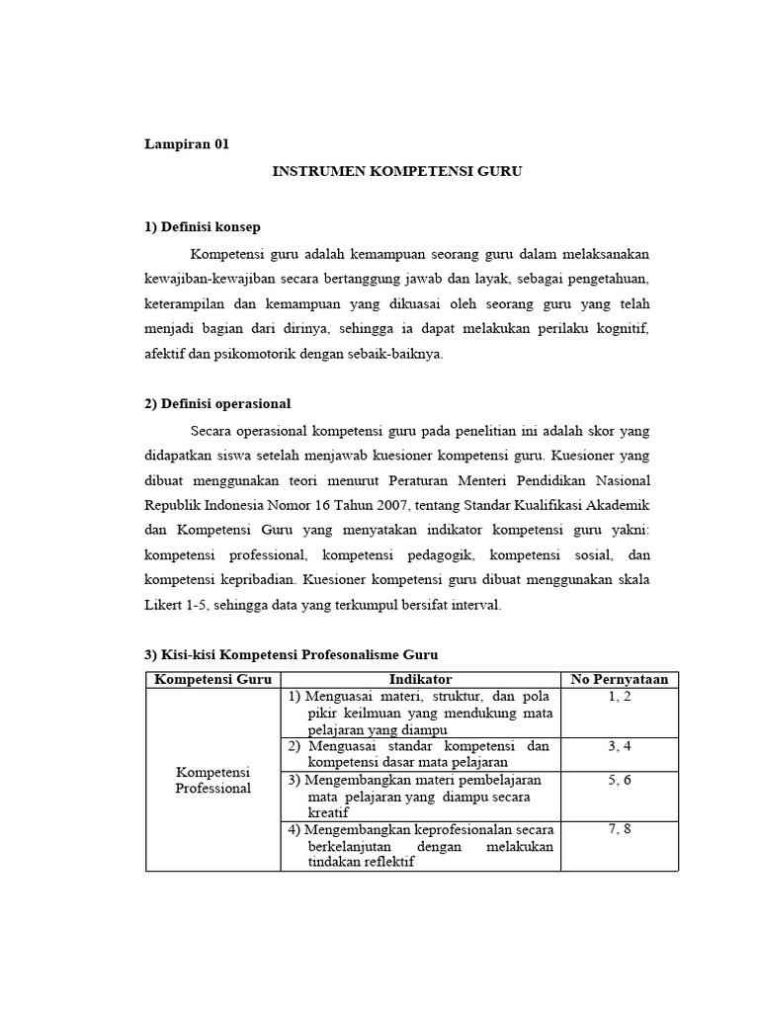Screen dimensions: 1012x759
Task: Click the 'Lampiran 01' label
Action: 187,144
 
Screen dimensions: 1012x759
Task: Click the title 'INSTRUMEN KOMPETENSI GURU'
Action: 396,171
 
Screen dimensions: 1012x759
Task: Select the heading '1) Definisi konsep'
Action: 203,226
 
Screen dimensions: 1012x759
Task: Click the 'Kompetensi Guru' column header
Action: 212,679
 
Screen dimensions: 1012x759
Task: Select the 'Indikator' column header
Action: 420,679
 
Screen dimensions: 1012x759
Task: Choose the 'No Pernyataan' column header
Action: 620,679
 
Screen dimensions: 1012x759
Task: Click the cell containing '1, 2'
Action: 620,697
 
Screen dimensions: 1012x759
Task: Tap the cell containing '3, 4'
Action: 620,746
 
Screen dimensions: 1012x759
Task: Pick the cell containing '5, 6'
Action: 620,780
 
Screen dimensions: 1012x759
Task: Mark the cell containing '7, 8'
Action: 620,829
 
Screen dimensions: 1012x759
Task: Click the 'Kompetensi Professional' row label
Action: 212,780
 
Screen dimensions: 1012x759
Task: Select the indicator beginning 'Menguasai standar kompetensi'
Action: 420,754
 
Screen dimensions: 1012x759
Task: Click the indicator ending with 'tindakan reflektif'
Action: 420,846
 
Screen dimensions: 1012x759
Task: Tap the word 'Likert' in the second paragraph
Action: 165,605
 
